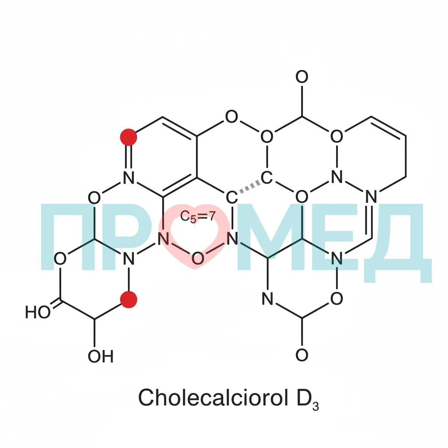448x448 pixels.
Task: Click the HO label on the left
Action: [x=38, y=312]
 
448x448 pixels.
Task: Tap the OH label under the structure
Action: [x=101, y=356]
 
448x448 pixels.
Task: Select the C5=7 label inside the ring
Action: [x=197, y=216]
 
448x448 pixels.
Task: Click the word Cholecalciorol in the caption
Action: [x=213, y=397]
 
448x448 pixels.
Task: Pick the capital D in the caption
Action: [x=304, y=398]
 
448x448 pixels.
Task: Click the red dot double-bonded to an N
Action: [x=129, y=137]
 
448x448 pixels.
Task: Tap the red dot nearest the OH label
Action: [x=129, y=299]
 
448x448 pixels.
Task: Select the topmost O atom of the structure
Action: [x=302, y=77]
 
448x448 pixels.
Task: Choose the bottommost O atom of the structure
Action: [x=302, y=355]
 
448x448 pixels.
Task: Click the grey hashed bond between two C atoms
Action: [x=250, y=187]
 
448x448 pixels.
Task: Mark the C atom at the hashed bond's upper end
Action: [x=266, y=178]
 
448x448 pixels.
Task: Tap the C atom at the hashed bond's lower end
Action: [x=232, y=197]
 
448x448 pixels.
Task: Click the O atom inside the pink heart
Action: [x=197, y=258]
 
